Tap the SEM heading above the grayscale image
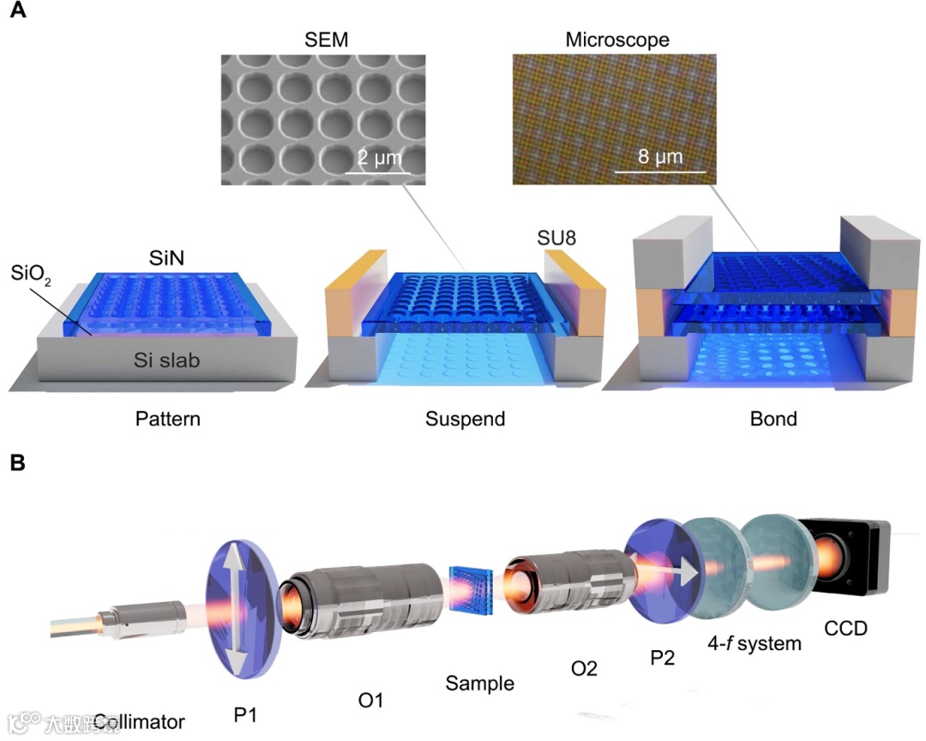point(322,40)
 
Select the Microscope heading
point(617,40)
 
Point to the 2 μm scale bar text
point(378,159)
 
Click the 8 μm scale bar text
point(660,156)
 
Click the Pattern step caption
point(168,419)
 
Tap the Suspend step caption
point(465,419)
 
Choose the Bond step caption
point(773,419)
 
